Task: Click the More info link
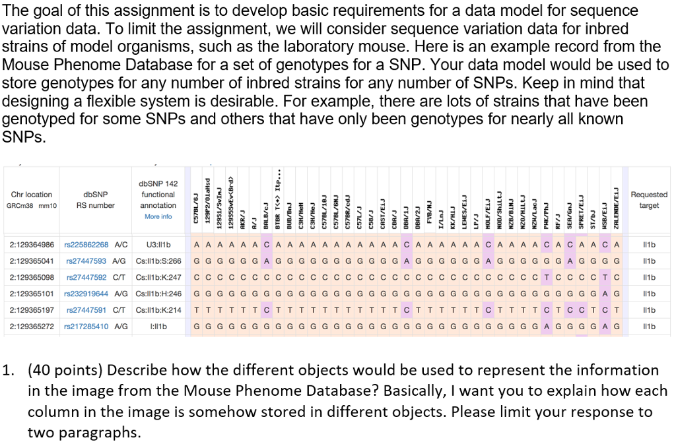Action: click(158, 216)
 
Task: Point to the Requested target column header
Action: click(649, 200)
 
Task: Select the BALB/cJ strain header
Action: click(266, 205)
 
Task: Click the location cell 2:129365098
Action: click(32, 277)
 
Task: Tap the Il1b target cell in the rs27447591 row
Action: click(649, 310)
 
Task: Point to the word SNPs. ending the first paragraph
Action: click(24, 137)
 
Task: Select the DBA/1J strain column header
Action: click(406, 205)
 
